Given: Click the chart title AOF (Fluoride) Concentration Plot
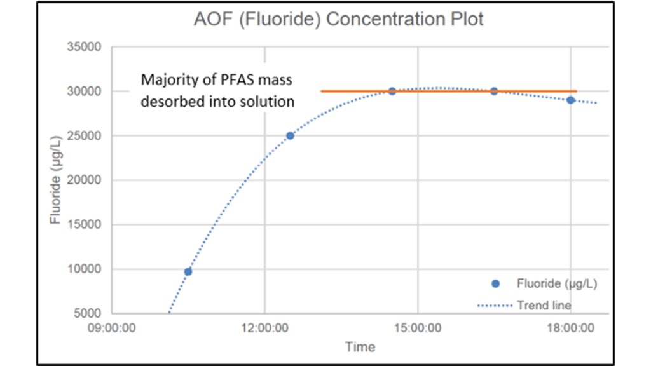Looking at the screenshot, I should click(338, 19).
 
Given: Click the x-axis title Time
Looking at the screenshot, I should click(360, 347).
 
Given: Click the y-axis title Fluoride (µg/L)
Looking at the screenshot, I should click(56, 180).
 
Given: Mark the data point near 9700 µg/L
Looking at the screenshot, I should click(188, 271).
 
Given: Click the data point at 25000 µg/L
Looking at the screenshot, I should click(290, 135).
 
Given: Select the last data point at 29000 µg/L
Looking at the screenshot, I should click(571, 100).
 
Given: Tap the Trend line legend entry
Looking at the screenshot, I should click(544, 306).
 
